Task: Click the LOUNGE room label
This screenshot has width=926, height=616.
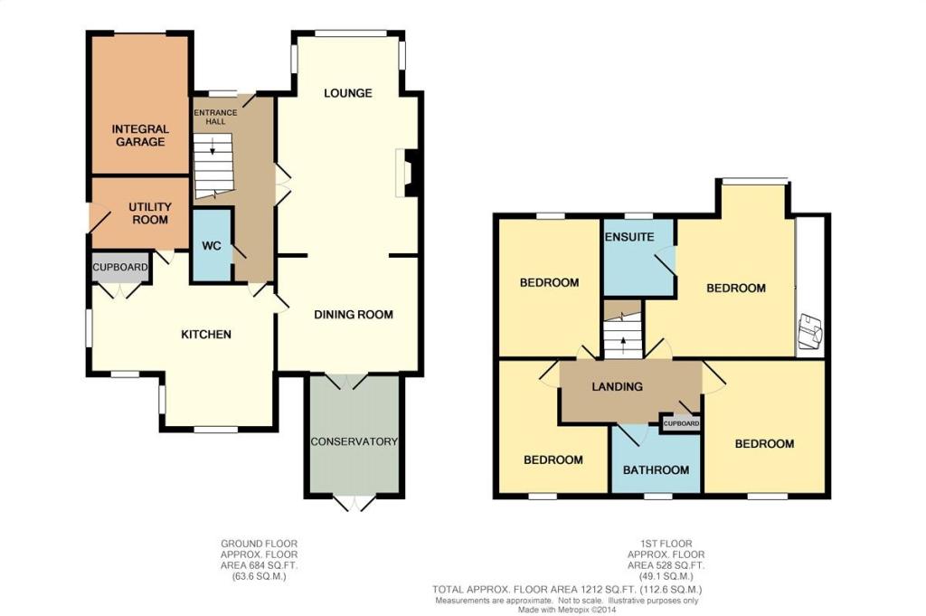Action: pos(348,93)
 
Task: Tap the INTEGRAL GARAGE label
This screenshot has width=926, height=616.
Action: pos(140,136)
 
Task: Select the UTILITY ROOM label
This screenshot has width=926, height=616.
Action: pos(150,213)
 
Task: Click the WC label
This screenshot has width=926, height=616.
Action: pos(212,245)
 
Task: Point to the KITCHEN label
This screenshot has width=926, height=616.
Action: pos(206,335)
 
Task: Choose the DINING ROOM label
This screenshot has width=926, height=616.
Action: pos(354,315)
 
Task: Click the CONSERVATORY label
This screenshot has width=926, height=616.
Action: pos(354,441)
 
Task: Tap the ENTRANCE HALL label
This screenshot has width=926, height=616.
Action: pos(215,117)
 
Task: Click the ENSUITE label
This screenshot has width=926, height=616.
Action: pos(629,237)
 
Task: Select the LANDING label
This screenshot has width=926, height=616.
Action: pos(617,387)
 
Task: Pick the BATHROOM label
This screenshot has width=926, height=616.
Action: pos(657,470)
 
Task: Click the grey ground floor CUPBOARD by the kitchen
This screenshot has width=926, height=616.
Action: pos(120,267)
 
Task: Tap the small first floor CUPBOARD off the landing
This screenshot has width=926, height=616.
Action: pos(681,423)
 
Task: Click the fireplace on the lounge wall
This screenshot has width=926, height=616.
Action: pos(408,172)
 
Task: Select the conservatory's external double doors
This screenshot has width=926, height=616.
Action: pos(354,503)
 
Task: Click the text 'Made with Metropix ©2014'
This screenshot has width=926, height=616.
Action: pos(567,610)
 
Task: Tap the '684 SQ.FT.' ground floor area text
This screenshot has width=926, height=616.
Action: pos(270,565)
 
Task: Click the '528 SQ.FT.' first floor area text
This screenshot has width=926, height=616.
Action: pos(677,565)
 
